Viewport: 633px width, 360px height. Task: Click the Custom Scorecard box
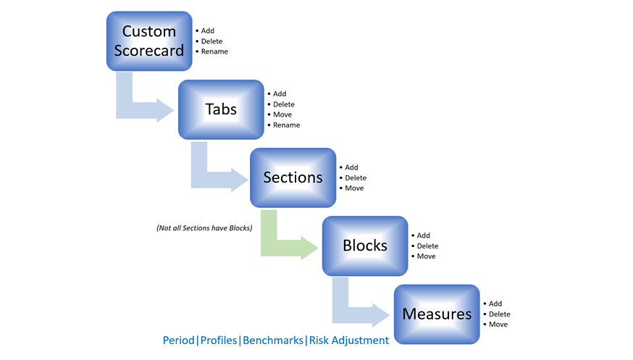(x=149, y=41)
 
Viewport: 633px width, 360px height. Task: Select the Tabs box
(x=221, y=109)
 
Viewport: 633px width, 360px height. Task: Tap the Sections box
(x=293, y=177)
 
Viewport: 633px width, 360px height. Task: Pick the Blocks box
(x=365, y=246)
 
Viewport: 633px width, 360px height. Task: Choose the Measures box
(x=437, y=314)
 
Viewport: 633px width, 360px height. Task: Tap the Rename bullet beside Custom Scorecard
(x=212, y=51)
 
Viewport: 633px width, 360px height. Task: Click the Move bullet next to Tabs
(x=280, y=114)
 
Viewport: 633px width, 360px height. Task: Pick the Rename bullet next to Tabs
(x=284, y=125)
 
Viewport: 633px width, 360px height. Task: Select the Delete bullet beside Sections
(x=353, y=178)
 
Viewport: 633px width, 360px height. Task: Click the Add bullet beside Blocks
(x=421, y=235)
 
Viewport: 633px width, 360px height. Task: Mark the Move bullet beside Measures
(x=495, y=325)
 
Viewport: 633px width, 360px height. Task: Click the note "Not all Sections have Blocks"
(x=204, y=228)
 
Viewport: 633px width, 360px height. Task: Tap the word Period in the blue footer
(x=178, y=340)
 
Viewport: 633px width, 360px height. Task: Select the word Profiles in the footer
(x=219, y=340)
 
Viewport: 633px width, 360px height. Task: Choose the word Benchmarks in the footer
(x=273, y=340)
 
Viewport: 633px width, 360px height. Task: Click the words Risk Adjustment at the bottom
(x=349, y=340)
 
